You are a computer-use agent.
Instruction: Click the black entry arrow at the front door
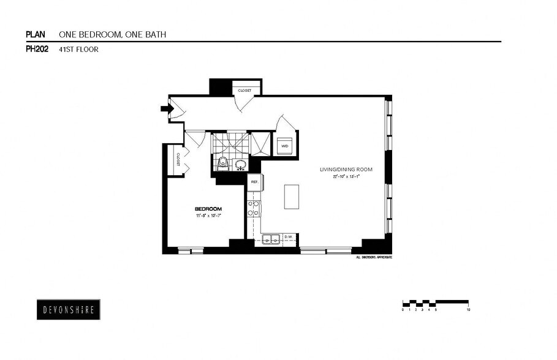point(164,109)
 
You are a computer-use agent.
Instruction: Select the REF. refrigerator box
point(254,181)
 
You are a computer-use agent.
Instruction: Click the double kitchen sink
point(271,239)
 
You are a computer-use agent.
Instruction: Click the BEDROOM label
point(208,209)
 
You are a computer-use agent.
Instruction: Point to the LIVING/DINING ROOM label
point(346,170)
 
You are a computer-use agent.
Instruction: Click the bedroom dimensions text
point(208,216)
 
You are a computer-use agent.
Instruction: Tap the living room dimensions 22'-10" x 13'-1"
point(346,176)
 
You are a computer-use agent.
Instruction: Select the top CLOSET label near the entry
point(244,91)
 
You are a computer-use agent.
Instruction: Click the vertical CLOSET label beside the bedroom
point(178,160)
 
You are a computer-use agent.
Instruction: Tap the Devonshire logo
point(68,309)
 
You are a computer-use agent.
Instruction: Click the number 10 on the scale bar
point(468,310)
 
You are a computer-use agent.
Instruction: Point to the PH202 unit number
point(37,50)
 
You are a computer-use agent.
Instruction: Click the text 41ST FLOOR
point(78,50)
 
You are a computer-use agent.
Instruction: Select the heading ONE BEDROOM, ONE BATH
point(112,34)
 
